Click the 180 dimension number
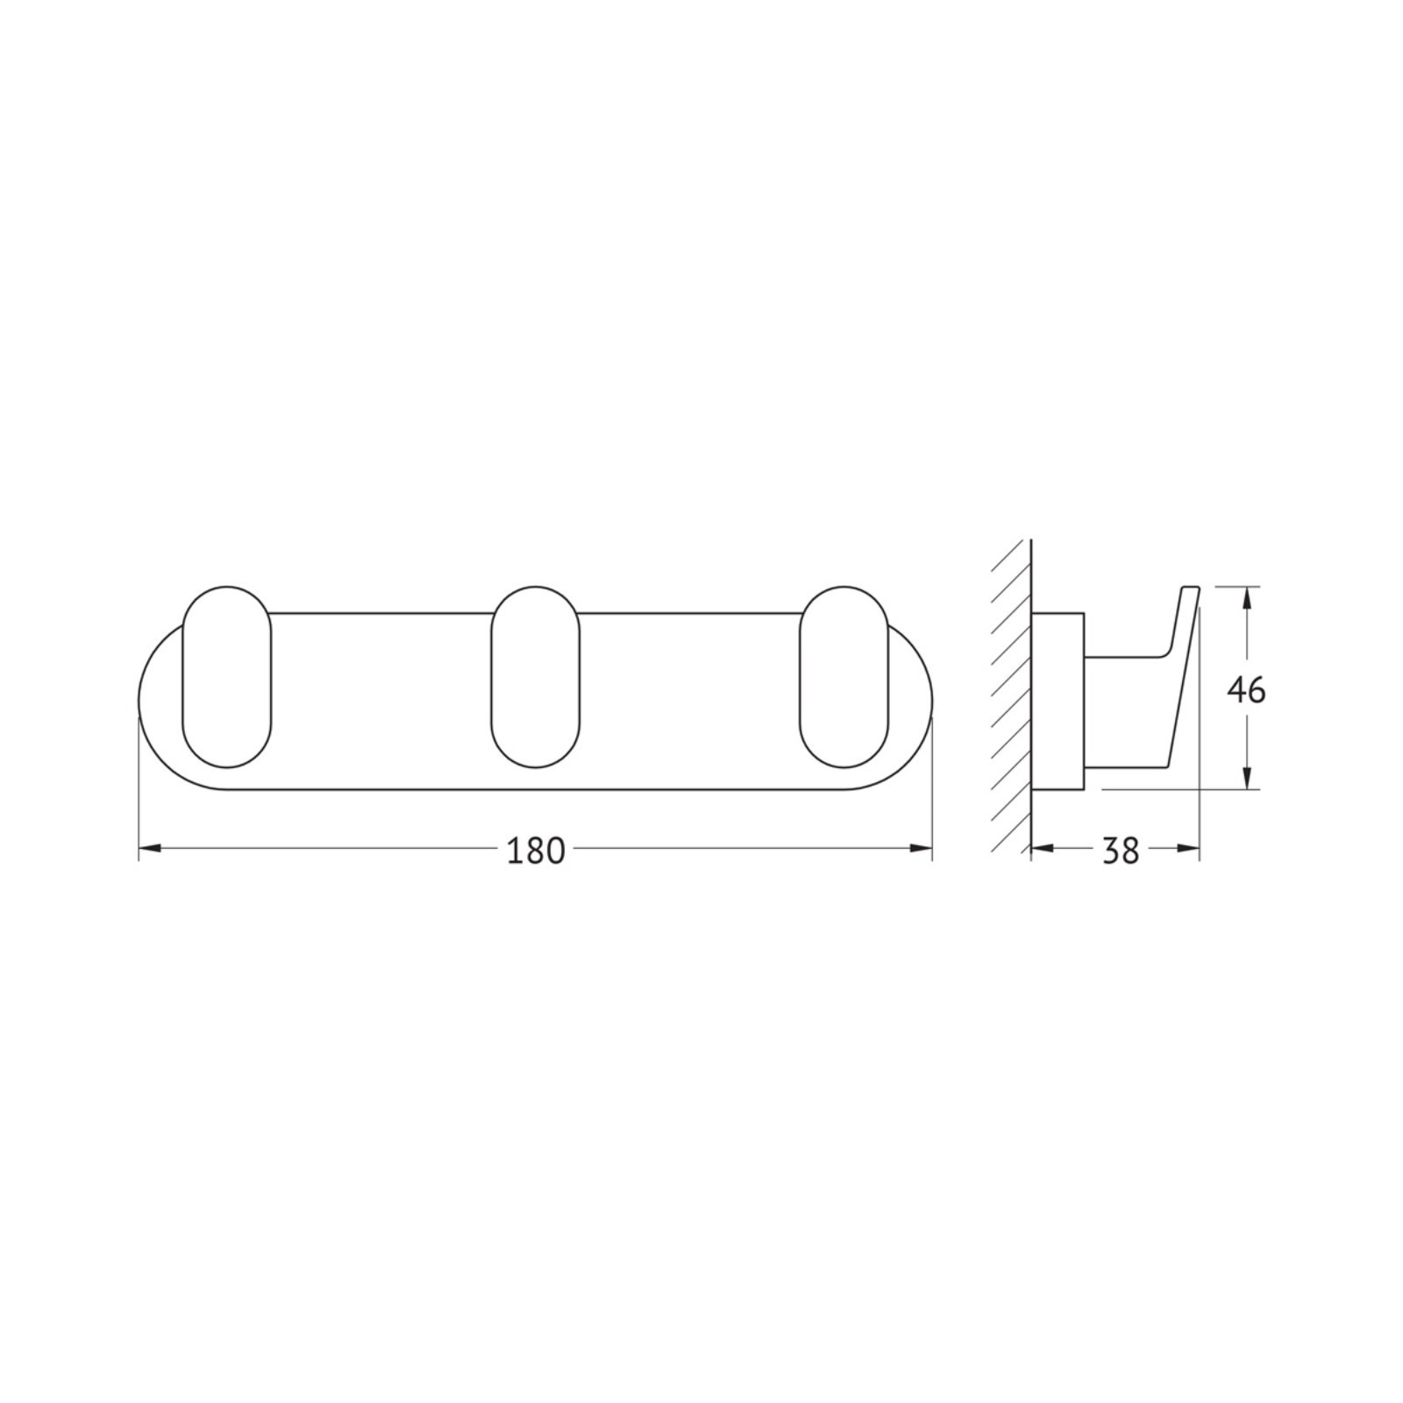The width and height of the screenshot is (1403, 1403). (535, 851)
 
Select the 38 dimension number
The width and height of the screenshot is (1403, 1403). (1121, 851)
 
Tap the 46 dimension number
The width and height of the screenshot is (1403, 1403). (1246, 691)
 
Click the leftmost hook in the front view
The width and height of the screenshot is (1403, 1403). (227, 677)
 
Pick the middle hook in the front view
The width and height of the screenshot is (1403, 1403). (536, 677)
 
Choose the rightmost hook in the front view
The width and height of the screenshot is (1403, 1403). (844, 677)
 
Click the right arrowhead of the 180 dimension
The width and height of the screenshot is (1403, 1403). (921, 848)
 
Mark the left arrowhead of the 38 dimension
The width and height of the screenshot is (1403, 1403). (1043, 848)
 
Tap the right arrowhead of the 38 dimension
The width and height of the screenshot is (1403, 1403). (1187, 848)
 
